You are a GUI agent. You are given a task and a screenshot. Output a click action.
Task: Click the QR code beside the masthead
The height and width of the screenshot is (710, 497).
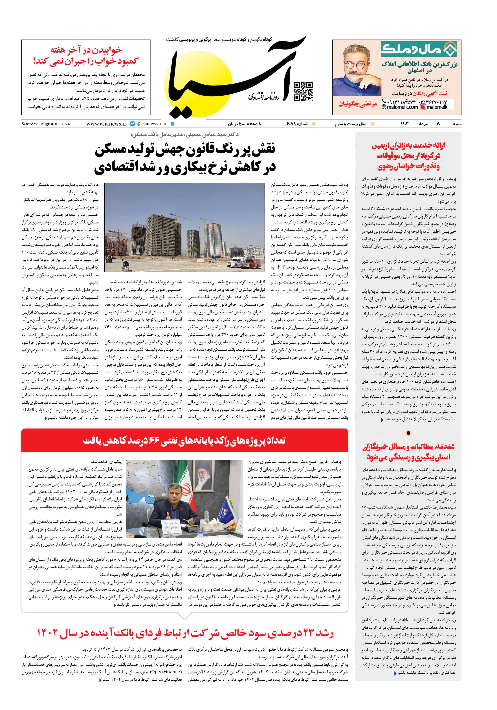click(x=303, y=92)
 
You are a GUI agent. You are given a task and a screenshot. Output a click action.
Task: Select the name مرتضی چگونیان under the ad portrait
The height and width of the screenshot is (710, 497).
click(x=358, y=104)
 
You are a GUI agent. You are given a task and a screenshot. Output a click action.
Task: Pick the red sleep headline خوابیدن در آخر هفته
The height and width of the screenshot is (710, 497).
click(x=86, y=49)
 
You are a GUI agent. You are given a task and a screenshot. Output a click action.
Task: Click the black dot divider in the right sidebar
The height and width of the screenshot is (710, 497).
click(x=408, y=433)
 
